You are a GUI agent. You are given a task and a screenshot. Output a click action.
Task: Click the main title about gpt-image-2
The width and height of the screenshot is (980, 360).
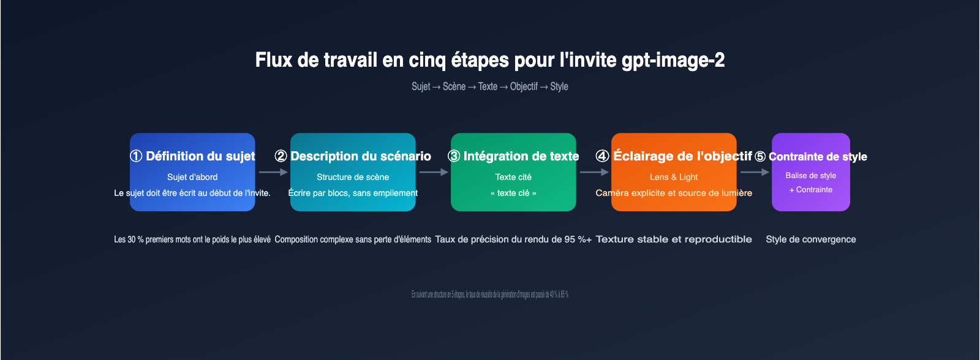click(x=490, y=60)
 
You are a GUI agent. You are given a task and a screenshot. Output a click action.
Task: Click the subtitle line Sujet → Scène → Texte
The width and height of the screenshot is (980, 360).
click(x=490, y=86)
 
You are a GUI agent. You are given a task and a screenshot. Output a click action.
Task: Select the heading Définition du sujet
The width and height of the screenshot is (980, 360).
click(x=193, y=156)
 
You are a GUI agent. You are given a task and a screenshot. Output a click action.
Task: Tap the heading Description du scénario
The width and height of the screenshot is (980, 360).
click(x=353, y=156)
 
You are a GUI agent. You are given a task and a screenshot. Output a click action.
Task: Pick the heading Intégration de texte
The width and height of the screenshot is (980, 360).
click(x=513, y=156)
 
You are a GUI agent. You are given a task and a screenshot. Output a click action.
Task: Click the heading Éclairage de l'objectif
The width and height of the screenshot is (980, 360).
click(x=674, y=156)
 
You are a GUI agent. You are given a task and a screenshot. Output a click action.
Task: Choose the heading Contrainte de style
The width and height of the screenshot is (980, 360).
click(x=811, y=157)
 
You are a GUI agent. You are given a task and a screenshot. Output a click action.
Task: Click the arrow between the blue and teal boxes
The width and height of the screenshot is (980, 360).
click(x=273, y=172)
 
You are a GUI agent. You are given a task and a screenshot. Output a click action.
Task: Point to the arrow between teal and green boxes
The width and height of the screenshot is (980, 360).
click(x=434, y=172)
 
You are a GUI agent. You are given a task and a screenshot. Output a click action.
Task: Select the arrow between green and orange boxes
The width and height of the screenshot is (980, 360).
click(x=594, y=172)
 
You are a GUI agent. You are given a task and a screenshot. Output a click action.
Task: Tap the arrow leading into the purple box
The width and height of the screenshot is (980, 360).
click(x=755, y=172)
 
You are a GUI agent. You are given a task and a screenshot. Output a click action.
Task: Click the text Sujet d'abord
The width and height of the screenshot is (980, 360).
click(x=192, y=177)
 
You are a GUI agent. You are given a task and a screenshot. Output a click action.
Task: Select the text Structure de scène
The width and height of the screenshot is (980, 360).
click(x=353, y=177)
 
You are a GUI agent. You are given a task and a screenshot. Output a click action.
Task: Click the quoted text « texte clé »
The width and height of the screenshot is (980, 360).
click(x=513, y=193)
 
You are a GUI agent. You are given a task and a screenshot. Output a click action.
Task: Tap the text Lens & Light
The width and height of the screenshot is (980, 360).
click(x=674, y=177)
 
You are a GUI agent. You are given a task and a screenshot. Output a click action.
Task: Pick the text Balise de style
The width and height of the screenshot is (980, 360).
click(x=811, y=175)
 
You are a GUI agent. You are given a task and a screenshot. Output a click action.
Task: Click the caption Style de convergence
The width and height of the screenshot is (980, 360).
click(x=811, y=239)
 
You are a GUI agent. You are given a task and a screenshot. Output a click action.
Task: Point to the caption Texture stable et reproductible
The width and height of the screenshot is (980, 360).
click(x=674, y=239)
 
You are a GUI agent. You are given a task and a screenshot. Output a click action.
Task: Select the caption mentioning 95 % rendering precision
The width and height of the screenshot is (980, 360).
click(x=513, y=239)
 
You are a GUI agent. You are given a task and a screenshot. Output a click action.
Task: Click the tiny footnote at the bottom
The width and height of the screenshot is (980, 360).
click(x=490, y=294)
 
